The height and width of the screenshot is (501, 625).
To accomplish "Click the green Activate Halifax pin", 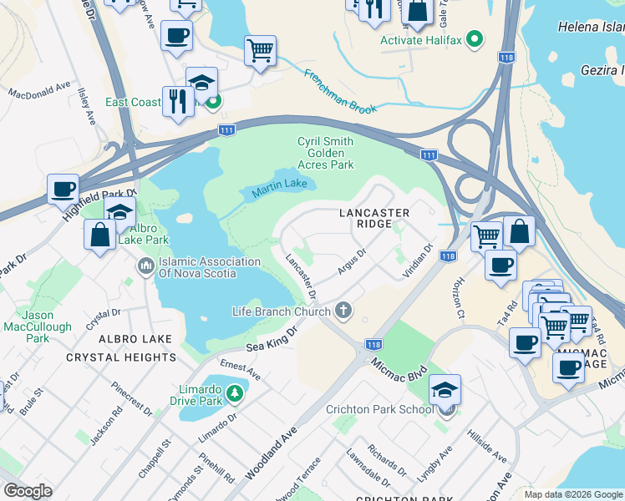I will click(x=475, y=39).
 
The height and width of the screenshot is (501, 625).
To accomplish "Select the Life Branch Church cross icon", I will click(x=343, y=311).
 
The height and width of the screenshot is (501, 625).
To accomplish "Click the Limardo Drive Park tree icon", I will click(x=236, y=392).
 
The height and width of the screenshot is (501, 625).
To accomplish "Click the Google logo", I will click(x=28, y=490).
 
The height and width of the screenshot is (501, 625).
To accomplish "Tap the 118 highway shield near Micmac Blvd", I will click(x=373, y=344).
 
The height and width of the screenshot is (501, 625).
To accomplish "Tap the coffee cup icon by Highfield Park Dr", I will click(x=63, y=188).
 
